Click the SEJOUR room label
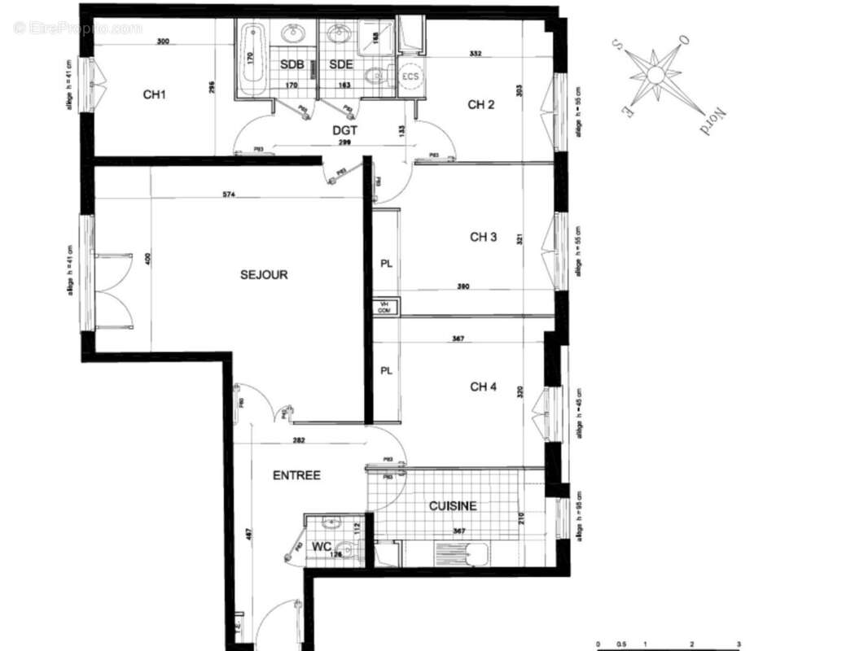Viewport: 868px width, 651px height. pos(264,275)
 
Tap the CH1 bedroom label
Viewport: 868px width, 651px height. pos(155,94)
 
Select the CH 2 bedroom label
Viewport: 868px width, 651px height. pos(481,104)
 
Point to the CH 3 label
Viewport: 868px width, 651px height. pos(483,238)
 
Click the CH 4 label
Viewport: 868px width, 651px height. pos(483,387)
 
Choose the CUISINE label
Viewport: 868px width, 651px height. pos(453,506)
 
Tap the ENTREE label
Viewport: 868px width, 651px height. pos(296,475)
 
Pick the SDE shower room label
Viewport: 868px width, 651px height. pos(340,63)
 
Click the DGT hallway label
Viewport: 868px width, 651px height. pos(345,129)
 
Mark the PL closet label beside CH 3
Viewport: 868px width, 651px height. pos(386,264)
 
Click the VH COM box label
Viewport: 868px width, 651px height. pos(384,307)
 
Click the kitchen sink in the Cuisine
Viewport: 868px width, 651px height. pos(462,555)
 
